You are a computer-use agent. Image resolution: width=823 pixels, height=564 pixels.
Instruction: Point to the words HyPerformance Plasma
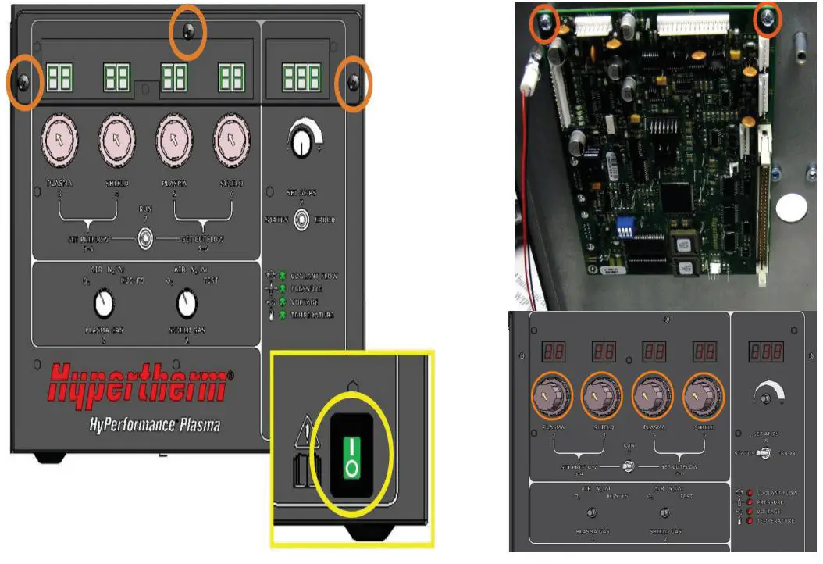point(155,425)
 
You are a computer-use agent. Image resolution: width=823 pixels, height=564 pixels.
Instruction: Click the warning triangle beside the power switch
point(305,430)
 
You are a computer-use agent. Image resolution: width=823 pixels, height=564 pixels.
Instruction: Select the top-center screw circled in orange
point(187,31)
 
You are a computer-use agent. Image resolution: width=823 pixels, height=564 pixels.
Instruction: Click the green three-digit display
point(302,77)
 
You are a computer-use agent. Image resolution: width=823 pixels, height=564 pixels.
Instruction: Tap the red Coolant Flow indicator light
point(750,493)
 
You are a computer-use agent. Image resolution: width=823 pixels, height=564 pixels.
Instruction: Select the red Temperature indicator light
point(750,520)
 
